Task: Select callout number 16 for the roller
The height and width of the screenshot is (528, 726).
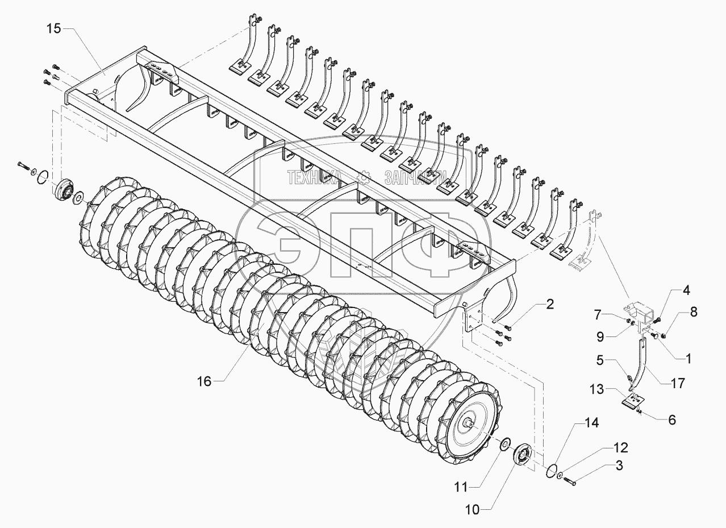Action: (x=204, y=381)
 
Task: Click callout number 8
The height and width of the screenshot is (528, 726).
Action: (x=694, y=311)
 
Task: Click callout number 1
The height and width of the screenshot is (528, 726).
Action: (x=688, y=359)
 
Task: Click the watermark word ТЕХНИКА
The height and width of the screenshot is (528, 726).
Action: (x=314, y=178)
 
